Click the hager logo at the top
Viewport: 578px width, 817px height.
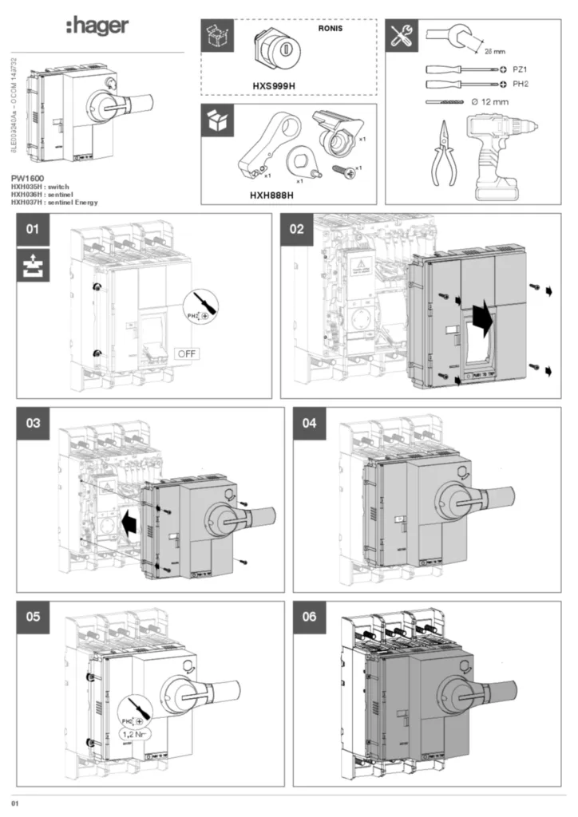(97, 27)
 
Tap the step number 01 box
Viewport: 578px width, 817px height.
(33, 230)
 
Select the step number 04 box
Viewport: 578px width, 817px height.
(310, 424)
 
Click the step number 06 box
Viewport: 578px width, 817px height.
(310, 617)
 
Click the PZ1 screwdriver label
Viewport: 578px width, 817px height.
(521, 70)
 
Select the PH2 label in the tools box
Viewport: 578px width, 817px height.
(521, 84)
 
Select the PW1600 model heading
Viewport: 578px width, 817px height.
(29, 179)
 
